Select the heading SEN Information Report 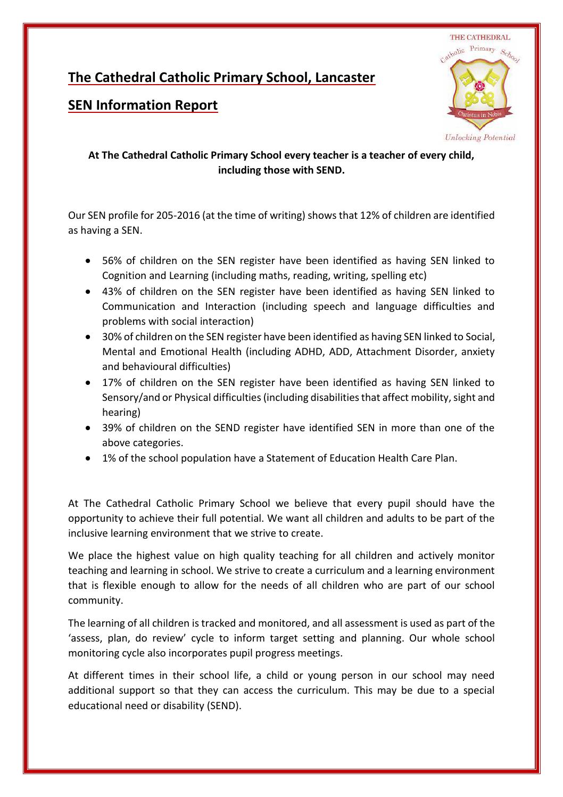pyautogui.click(x=143, y=105)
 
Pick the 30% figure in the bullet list pyautogui.click(x=112, y=337)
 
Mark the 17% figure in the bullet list pyautogui.click(x=112, y=382)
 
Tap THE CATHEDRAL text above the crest pyautogui.click(x=480, y=38)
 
